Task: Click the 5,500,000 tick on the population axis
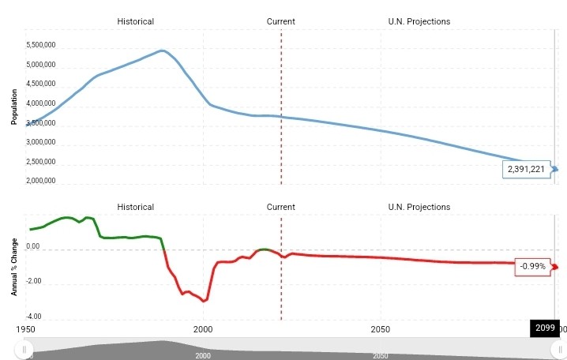40,46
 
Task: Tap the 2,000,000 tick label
40,182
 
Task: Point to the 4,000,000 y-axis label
40,104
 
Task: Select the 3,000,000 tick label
40,143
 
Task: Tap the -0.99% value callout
534,267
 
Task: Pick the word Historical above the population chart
135,21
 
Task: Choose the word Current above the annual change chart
280,207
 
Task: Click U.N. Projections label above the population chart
419,21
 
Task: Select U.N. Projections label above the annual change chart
419,207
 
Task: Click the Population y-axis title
14,106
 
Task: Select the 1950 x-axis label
26,328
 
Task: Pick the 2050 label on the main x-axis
381,328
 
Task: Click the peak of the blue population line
162,51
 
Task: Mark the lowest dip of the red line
205,301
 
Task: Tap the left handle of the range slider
25,348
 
